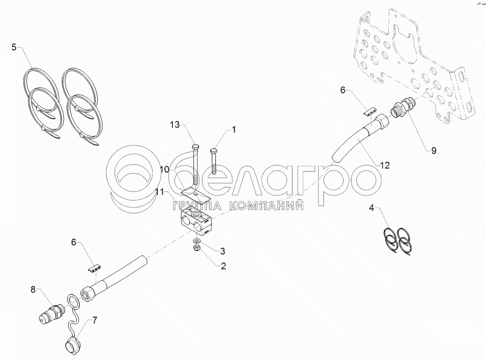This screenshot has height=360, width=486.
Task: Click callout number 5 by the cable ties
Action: click(x=14, y=47)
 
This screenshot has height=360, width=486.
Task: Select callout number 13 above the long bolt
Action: click(x=175, y=125)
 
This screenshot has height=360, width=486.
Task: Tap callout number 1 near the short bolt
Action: click(x=234, y=129)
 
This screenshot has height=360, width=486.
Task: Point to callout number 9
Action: click(x=434, y=151)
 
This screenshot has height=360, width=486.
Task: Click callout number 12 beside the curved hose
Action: click(x=385, y=165)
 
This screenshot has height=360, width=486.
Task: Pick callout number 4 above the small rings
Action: click(x=372, y=208)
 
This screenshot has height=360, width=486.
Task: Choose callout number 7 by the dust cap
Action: click(x=95, y=320)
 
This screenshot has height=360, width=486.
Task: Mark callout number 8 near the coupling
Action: click(x=33, y=290)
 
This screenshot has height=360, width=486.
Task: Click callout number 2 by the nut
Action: click(x=223, y=266)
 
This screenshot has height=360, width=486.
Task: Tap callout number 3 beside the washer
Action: click(x=222, y=251)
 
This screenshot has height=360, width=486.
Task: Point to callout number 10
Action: click(x=164, y=170)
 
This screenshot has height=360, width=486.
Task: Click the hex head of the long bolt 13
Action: click(x=195, y=147)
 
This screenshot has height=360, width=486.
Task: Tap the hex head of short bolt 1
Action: click(x=214, y=151)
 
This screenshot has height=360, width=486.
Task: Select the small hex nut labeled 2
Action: click(x=196, y=248)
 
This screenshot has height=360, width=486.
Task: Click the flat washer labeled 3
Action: click(x=196, y=241)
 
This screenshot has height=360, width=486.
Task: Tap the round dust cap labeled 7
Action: click(x=73, y=344)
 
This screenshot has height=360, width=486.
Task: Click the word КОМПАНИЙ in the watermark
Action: click(x=266, y=206)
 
